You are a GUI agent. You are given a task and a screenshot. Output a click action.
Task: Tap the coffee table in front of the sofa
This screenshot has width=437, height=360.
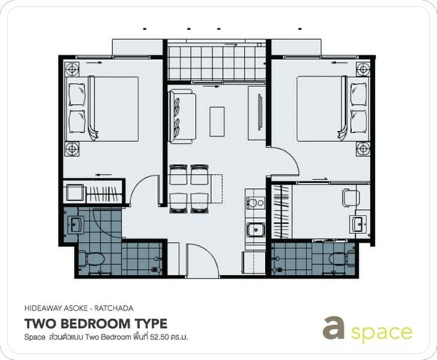pyautogui.click(x=216, y=121)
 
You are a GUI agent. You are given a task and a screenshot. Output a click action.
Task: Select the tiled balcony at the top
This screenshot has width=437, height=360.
pyautogui.click(x=216, y=60)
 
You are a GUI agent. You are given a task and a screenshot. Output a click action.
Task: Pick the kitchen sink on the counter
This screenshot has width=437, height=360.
pyautogui.click(x=255, y=230)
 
